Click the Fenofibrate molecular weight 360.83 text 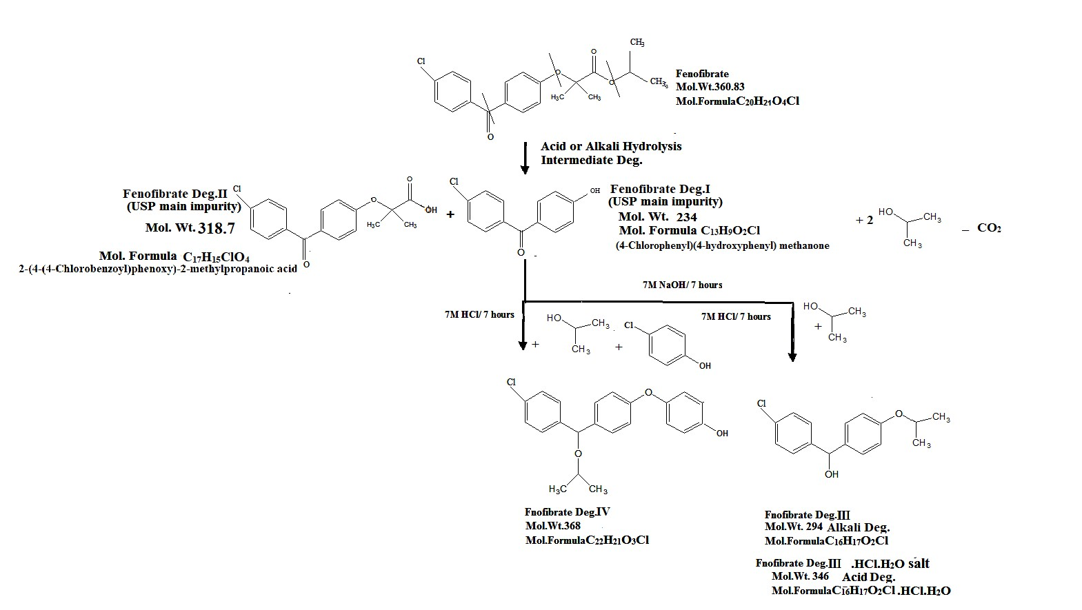(710, 87)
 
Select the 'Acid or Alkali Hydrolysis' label (611, 146)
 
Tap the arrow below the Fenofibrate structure (524, 158)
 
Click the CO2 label (989, 228)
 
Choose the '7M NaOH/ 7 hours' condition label (682, 285)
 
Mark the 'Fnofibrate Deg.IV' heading (568, 512)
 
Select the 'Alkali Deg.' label (858, 528)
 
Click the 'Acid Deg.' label (868, 577)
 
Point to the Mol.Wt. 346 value (800, 576)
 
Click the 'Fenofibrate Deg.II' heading (175, 194)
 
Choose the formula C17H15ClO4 (216, 257)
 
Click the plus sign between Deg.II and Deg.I (450, 214)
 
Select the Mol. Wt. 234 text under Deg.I (657, 217)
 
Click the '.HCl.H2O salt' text (890, 564)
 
